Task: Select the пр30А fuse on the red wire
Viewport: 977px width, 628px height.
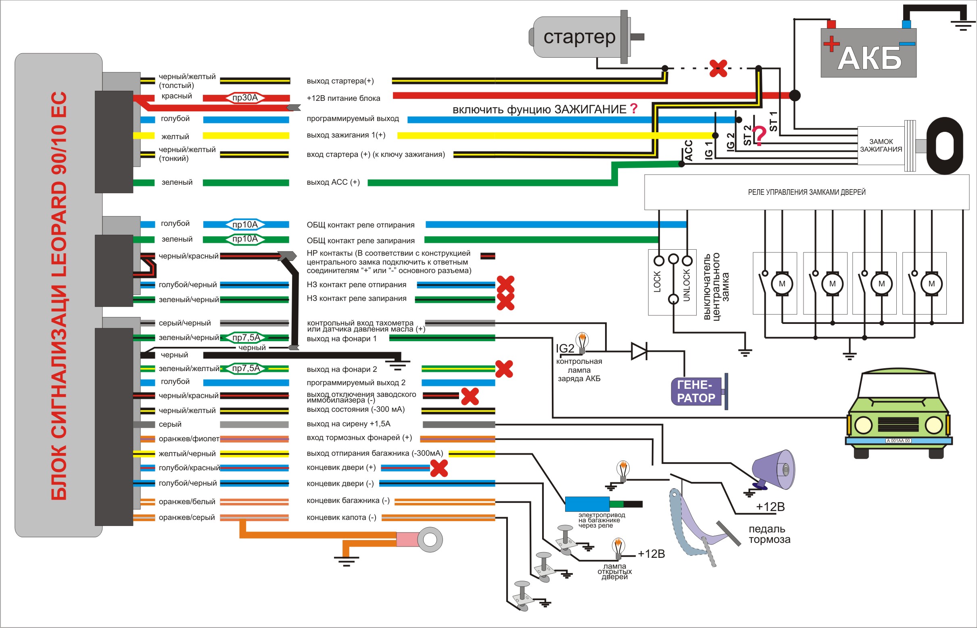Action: point(245,98)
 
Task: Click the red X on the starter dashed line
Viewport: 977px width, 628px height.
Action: point(718,68)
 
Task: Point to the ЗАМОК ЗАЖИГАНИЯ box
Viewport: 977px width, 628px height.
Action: point(881,146)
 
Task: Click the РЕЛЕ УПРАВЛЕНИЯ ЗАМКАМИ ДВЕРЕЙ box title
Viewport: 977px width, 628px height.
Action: point(806,192)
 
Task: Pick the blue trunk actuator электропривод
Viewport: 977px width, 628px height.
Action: point(587,504)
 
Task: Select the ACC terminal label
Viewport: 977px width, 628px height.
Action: point(689,150)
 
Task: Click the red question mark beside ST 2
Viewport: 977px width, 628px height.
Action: point(759,136)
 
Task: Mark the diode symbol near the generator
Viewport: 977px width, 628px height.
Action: point(639,351)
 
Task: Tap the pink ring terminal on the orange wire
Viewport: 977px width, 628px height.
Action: point(420,540)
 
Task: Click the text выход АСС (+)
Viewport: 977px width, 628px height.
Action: point(333,182)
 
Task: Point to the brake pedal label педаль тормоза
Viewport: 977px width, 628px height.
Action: point(769,534)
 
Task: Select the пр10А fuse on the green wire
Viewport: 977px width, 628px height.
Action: point(245,239)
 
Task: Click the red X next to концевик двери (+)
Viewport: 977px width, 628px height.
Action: point(439,468)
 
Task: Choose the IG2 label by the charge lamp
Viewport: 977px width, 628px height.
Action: point(565,348)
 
